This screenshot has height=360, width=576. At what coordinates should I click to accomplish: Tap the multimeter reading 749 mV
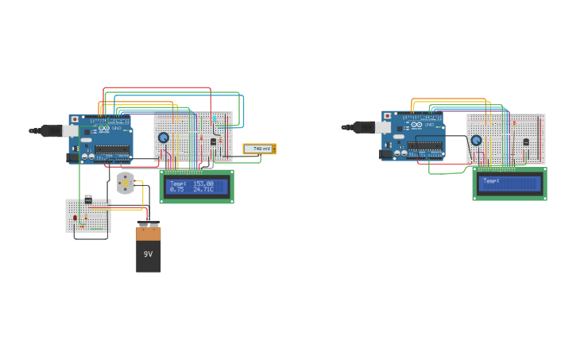click(x=259, y=149)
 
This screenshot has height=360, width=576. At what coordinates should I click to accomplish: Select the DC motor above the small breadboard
click(x=125, y=183)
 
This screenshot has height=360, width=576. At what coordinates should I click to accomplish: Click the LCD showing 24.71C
click(x=196, y=187)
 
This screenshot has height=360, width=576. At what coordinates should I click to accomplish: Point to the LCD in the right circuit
click(x=509, y=184)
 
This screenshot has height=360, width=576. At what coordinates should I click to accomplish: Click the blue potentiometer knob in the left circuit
click(x=163, y=137)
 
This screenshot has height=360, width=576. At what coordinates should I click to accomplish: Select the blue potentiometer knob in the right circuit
click(x=476, y=141)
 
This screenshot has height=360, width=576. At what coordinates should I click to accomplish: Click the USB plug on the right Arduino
click(x=366, y=126)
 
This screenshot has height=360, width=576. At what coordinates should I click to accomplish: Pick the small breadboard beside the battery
click(x=87, y=216)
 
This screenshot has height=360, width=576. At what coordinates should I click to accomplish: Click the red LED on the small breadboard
click(x=75, y=218)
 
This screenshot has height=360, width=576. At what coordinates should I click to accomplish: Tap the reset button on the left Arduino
click(x=75, y=119)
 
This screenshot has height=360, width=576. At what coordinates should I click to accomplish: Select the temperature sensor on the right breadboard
click(x=526, y=142)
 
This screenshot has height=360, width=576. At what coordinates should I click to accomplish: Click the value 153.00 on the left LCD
click(x=203, y=184)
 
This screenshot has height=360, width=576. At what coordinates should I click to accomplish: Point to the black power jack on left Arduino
click(x=72, y=157)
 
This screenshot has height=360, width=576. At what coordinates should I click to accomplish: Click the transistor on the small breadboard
click(x=88, y=199)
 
